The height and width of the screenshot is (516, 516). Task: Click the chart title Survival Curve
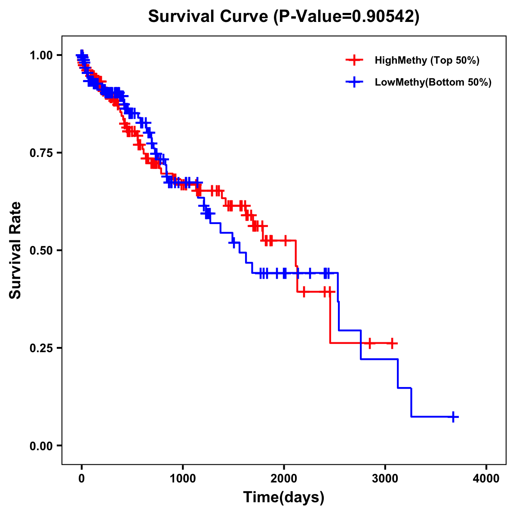[x=284, y=16]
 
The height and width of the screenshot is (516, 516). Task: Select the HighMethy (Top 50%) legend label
[x=427, y=60]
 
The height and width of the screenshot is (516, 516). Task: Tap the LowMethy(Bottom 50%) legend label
[x=433, y=82]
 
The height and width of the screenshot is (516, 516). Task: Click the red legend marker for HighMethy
[x=354, y=60]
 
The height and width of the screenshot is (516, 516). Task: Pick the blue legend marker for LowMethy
[x=354, y=82]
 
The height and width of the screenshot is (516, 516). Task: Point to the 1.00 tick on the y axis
[x=41, y=55]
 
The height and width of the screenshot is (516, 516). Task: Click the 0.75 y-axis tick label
[x=41, y=153]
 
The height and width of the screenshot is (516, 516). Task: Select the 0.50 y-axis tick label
[x=41, y=250]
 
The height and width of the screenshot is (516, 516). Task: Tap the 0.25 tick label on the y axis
[x=41, y=348]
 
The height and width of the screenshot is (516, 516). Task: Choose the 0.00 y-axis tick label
[x=41, y=445]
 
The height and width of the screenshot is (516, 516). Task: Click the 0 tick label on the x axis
[x=82, y=479]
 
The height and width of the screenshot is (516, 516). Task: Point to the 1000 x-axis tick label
[x=183, y=479]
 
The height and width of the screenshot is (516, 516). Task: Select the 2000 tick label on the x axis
[x=284, y=479]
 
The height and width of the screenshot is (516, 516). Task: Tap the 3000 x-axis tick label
[x=385, y=479]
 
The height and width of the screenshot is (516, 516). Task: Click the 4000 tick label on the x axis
[x=486, y=479]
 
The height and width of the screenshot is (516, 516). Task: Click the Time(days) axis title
[x=284, y=498]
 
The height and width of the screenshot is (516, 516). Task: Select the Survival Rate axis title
[x=15, y=250]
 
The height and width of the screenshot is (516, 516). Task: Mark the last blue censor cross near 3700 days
[x=453, y=417]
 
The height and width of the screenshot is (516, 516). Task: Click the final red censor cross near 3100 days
[x=392, y=343]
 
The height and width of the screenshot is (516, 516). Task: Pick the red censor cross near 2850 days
[x=369, y=343]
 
